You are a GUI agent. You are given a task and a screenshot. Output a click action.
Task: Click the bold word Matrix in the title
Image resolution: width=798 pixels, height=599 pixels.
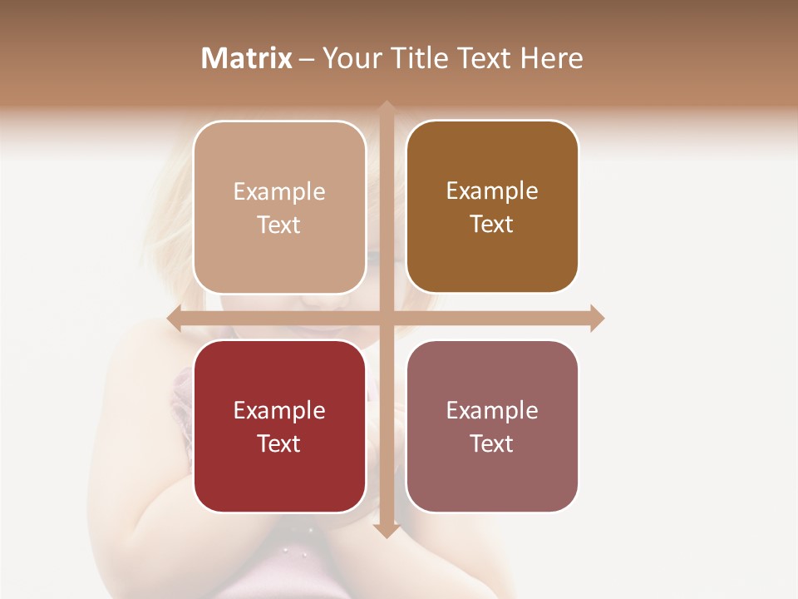(x=247, y=58)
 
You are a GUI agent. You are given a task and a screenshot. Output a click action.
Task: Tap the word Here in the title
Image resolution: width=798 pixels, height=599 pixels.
(x=551, y=58)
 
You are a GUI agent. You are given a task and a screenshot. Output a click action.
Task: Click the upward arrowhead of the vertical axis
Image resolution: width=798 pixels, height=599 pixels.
(x=386, y=108)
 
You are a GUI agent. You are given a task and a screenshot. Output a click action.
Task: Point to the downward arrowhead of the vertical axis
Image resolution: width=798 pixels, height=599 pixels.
(x=386, y=530)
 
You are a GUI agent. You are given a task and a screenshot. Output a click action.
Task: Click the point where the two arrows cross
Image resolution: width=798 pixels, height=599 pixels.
(x=386, y=319)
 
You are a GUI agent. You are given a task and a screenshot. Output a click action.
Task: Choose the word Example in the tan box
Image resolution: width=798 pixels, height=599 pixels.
(x=279, y=192)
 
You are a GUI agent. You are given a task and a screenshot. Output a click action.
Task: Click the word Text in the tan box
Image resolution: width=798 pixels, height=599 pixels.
(x=279, y=225)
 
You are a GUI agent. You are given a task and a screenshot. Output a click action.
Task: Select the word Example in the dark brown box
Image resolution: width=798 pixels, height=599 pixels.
(x=492, y=191)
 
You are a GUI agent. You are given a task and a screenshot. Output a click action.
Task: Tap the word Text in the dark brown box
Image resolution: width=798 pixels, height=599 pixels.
(x=492, y=225)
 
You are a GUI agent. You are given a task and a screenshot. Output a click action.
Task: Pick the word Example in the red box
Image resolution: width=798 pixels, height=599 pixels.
(x=279, y=411)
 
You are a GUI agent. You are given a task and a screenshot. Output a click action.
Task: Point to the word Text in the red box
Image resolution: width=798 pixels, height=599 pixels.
(x=279, y=444)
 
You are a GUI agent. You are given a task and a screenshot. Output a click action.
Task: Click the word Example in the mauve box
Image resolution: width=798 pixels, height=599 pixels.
(x=492, y=411)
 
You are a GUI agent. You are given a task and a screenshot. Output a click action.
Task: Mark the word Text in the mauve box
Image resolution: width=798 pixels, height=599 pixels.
(x=492, y=444)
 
